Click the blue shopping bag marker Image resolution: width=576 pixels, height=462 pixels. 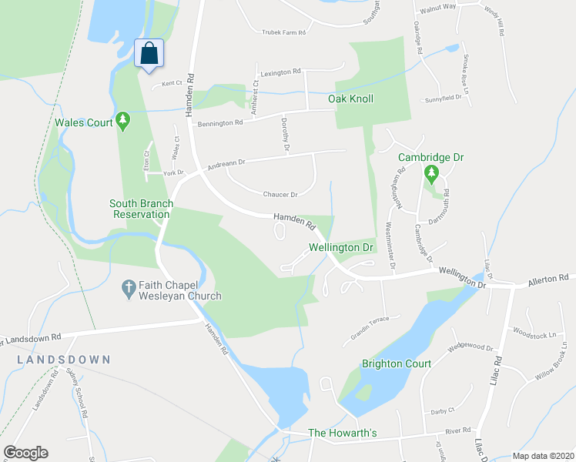point(149,54)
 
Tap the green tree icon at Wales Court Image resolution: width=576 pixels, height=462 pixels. point(122,121)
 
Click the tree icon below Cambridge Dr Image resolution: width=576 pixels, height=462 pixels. point(431,174)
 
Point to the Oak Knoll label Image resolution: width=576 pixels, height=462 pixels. point(350,99)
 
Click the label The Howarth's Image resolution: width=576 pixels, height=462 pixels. point(342,433)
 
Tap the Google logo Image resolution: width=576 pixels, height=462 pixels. point(25,453)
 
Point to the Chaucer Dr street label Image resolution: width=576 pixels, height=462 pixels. point(280,195)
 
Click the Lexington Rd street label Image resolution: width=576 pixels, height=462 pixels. point(280,72)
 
